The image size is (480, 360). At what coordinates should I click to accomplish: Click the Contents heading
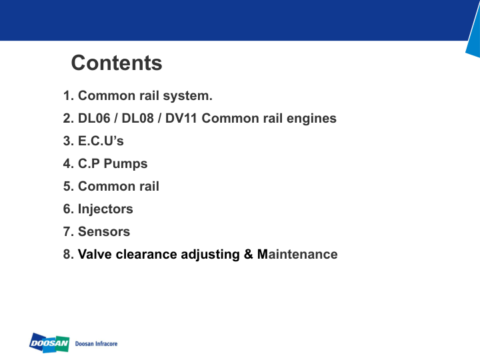[117, 63]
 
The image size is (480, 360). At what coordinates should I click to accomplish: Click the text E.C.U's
[101, 141]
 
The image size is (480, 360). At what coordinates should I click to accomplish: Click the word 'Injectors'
[105, 209]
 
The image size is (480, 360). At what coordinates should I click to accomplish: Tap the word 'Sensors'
[104, 232]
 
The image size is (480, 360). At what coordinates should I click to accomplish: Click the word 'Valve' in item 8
[94, 255]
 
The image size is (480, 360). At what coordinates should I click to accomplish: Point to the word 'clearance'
[145, 255]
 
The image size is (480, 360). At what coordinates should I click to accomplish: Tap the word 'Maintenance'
[297, 255]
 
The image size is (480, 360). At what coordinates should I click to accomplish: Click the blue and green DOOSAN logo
[50, 343]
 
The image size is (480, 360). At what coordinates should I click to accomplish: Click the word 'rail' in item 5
[149, 187]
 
